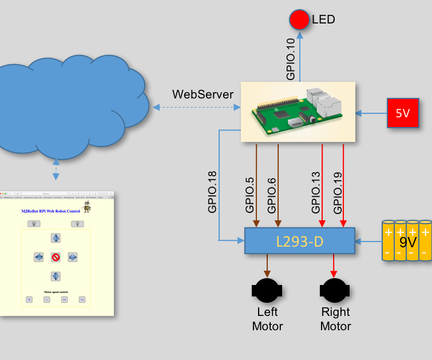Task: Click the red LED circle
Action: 299,20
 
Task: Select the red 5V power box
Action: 403,113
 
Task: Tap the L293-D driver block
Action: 300,241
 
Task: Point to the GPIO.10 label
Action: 291,59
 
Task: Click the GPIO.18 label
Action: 213,191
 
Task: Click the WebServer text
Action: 203,94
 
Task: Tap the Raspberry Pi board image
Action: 298,112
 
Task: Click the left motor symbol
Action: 267,290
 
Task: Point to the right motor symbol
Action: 335,290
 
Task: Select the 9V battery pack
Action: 407,242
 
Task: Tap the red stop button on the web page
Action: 56,257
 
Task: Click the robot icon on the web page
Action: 88,206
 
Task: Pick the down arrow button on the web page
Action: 56,276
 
